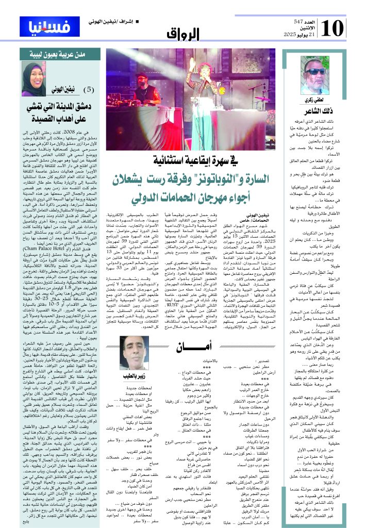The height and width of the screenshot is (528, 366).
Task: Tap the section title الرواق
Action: (x=183, y=35)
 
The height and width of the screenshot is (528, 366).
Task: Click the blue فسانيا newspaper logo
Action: (x=38, y=25)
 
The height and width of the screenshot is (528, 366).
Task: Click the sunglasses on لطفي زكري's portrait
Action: (x=315, y=72)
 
